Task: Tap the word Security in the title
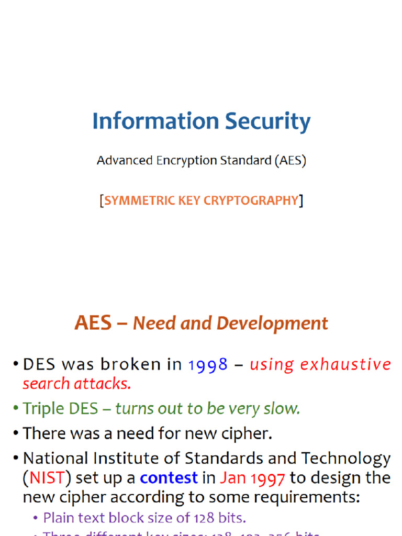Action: (268, 121)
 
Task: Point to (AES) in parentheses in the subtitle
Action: (290, 161)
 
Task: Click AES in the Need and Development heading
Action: (93, 323)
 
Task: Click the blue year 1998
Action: (208, 364)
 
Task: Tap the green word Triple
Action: (43, 408)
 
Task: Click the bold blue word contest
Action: (169, 478)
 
